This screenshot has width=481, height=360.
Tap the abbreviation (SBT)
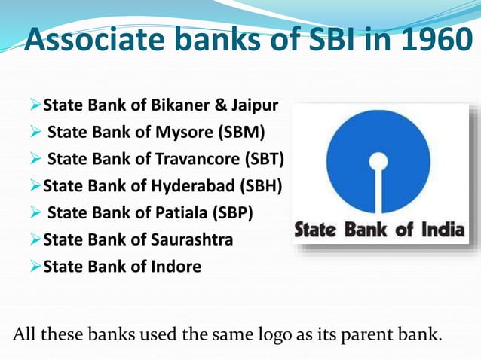tap(265, 159)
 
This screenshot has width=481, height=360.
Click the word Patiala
tap(182, 212)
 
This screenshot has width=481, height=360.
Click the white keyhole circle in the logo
tap(378, 160)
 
